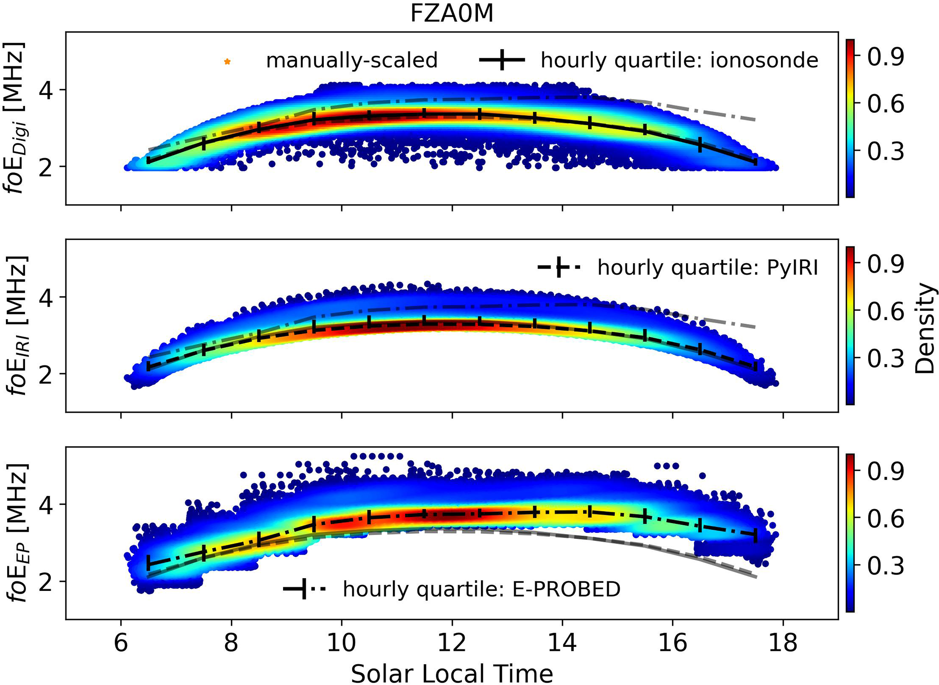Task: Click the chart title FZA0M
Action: click(x=452, y=13)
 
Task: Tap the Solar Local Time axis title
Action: click(x=452, y=673)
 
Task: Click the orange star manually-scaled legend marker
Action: click(x=228, y=61)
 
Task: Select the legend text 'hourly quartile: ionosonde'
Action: click(x=679, y=60)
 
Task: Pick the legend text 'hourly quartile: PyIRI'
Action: click(x=707, y=268)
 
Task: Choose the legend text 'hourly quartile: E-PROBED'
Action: click(x=482, y=589)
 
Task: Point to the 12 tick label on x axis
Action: click(x=452, y=643)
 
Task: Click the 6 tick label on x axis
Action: click(x=121, y=643)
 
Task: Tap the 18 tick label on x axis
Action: click(x=783, y=643)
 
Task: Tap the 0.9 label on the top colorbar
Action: click(x=885, y=56)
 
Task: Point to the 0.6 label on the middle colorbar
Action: click(x=885, y=311)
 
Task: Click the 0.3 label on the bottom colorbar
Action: click(x=885, y=566)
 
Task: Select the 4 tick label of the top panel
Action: click(x=46, y=90)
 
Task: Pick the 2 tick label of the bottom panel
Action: click(x=46, y=581)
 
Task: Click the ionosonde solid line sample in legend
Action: click(x=502, y=60)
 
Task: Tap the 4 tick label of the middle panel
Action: click(x=46, y=297)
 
